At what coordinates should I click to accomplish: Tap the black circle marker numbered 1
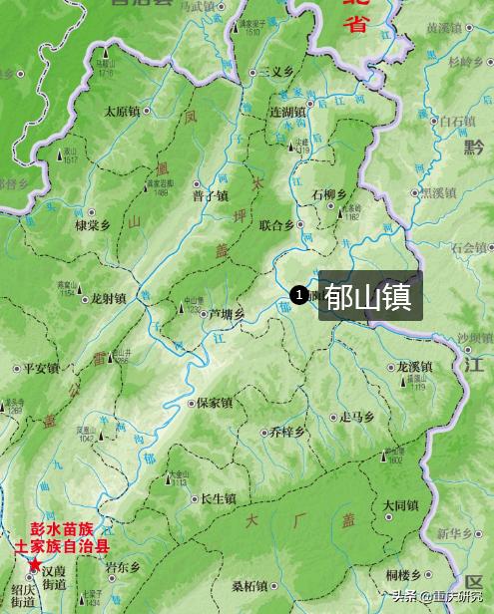[298, 294]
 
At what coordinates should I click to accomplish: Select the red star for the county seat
[35, 565]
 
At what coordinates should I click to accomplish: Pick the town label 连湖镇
[288, 112]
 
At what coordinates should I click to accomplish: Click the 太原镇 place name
[125, 112]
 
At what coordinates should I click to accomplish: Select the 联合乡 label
[276, 225]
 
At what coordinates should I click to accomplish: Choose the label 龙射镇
[108, 298]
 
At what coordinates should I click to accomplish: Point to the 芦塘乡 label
[226, 314]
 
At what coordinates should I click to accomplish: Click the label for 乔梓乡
[288, 433]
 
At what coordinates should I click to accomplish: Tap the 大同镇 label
[401, 505]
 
